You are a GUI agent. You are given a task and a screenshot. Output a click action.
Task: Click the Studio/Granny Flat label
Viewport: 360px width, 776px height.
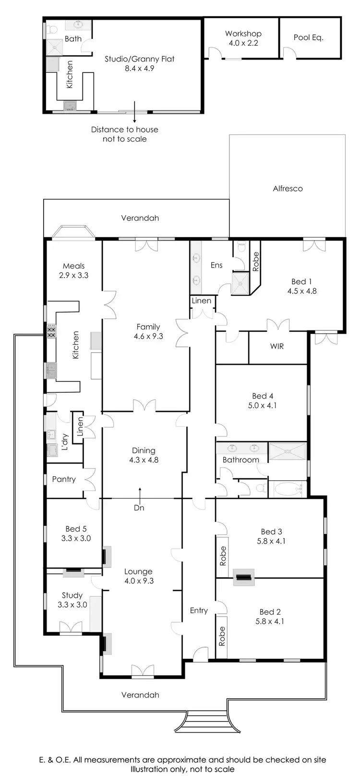[140, 59]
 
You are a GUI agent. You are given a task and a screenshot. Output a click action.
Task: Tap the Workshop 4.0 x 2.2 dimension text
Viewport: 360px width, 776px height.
[243, 43]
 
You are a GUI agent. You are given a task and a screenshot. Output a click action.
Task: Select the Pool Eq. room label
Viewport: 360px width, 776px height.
[308, 37]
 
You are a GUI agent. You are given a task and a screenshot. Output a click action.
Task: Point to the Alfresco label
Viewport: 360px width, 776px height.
[288, 189]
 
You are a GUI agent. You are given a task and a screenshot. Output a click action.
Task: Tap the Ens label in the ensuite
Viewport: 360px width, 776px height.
[216, 265]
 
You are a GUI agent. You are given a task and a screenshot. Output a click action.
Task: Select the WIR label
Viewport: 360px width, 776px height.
[277, 346]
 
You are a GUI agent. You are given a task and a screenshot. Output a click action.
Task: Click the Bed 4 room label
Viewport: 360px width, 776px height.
[263, 396]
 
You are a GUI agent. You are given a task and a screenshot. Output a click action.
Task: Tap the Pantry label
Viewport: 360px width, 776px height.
[64, 479]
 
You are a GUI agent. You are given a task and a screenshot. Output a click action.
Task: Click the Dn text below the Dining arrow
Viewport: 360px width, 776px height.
[139, 508]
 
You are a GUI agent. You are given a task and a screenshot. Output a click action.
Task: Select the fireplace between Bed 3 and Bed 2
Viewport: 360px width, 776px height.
[243, 577]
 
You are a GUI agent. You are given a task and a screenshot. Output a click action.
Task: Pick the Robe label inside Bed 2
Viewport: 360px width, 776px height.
[222, 636]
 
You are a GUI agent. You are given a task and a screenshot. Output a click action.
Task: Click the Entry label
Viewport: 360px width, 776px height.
[199, 610]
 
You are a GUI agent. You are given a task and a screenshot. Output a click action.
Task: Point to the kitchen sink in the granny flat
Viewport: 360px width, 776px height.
[71, 106]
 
